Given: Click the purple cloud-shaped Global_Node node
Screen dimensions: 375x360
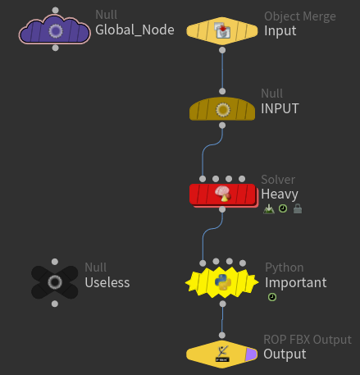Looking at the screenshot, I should coord(55,30).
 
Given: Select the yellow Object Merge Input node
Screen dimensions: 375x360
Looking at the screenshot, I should coord(221,31).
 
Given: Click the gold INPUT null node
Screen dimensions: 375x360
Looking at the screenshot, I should coord(222,109).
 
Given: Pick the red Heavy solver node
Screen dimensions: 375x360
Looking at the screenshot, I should coord(222,194).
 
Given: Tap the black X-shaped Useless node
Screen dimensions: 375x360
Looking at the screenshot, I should coord(54,282).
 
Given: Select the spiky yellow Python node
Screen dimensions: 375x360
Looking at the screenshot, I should coord(222,282).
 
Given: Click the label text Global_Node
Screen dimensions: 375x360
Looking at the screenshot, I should coord(134,30).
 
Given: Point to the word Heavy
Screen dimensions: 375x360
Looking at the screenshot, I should coord(280,194).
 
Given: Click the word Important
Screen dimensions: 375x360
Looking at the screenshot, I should coord(295,282).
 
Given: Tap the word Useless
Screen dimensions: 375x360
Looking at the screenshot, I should coord(107,282).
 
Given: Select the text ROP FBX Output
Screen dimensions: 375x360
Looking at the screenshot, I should coord(307,340).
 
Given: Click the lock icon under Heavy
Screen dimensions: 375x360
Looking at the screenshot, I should coord(297,209).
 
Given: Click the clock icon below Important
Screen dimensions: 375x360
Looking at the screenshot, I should coord(271,297).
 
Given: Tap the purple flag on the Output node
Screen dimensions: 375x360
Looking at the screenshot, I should coord(250,354).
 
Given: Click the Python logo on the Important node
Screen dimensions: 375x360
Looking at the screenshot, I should coord(222,282).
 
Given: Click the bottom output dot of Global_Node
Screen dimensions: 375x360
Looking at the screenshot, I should coord(55,48).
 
